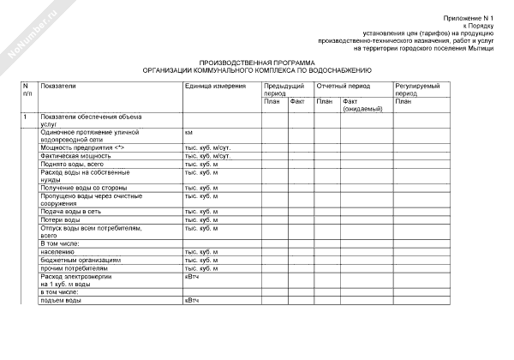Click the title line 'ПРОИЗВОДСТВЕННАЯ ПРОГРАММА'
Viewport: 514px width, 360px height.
coord(257,63)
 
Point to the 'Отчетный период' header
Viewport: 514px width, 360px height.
coord(343,87)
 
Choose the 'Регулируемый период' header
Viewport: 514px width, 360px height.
coord(417,90)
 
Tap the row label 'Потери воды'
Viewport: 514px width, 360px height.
coord(60,219)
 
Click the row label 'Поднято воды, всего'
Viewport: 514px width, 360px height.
coord(73,164)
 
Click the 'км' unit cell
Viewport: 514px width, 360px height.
coord(188,133)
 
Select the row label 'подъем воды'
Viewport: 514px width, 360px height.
coord(62,301)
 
